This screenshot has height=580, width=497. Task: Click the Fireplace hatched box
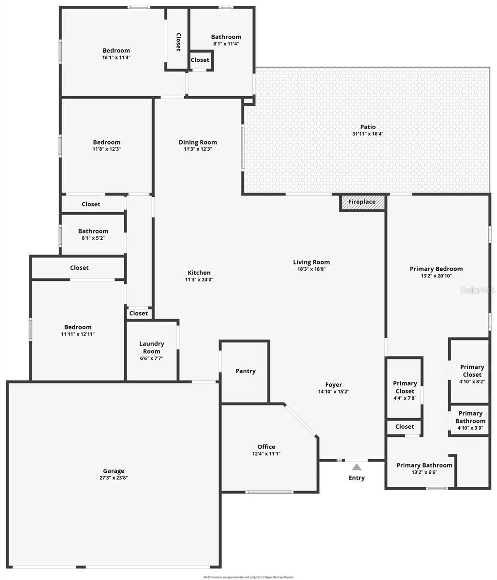(362, 202)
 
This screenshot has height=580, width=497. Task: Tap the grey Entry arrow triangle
(356, 467)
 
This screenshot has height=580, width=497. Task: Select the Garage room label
(114, 471)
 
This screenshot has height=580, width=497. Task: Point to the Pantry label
(246, 371)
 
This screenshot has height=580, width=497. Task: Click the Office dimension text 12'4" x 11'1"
(266, 454)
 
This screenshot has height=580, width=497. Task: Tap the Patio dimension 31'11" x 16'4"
(368, 134)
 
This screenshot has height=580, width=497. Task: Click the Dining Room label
(198, 142)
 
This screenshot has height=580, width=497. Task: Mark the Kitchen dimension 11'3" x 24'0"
(199, 279)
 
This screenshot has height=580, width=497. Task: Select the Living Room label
(311, 262)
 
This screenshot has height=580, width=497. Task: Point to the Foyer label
(334, 385)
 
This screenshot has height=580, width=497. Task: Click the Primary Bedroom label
(436, 269)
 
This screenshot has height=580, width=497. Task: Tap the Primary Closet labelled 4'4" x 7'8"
(405, 387)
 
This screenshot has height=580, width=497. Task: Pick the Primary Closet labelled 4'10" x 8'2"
(472, 371)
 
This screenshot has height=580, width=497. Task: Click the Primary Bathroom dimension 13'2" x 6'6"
(424, 472)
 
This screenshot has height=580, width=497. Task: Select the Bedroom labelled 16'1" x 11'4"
(116, 50)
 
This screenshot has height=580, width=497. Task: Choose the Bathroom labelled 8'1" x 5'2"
(93, 231)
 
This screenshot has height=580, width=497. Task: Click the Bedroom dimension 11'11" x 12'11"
(78, 334)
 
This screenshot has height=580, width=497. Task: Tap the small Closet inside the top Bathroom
(200, 60)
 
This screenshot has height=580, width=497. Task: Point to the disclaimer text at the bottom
(248, 577)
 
